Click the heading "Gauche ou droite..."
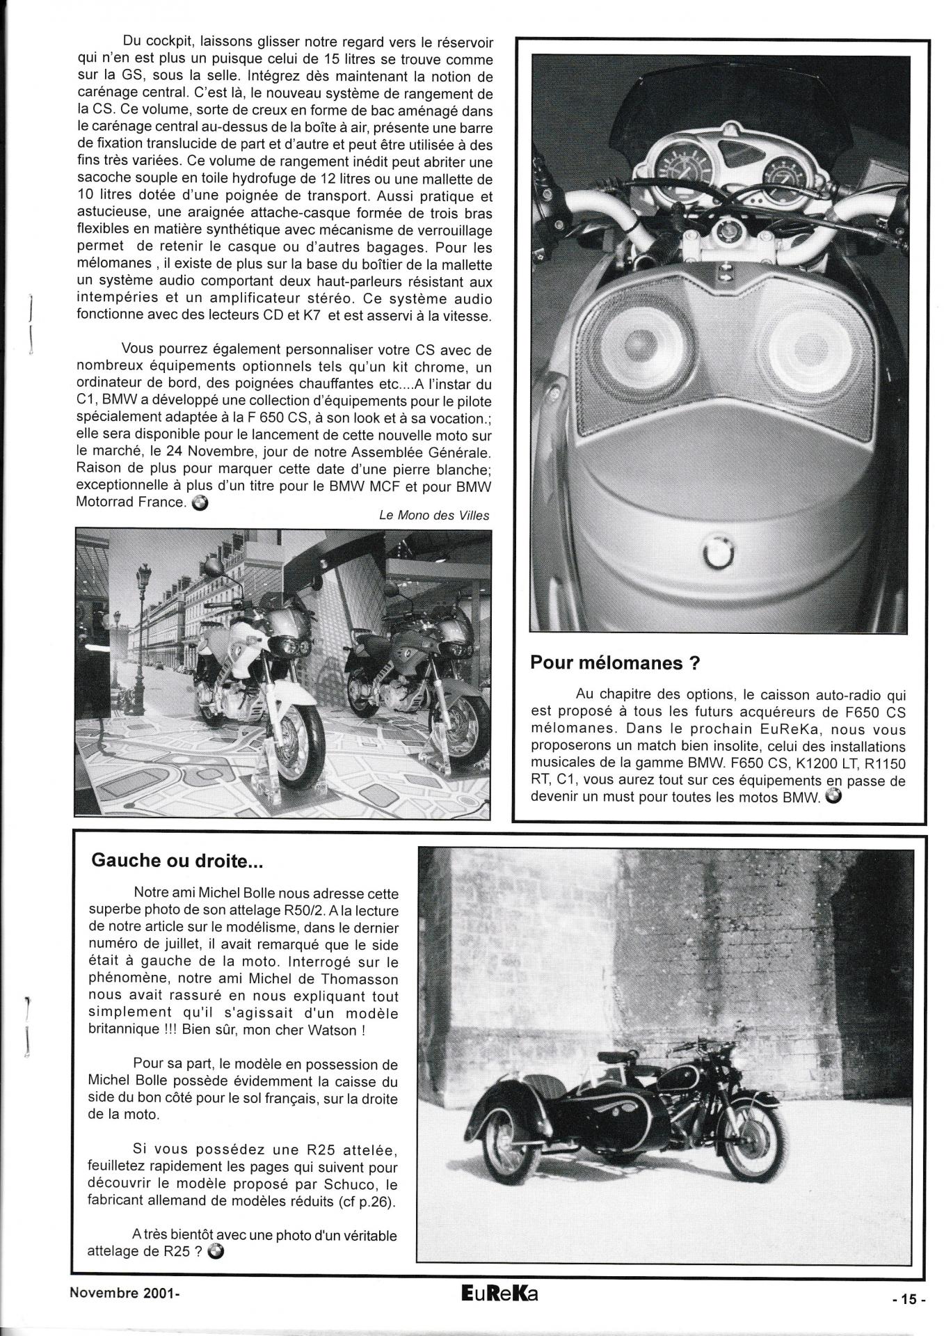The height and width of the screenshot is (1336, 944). click(x=177, y=861)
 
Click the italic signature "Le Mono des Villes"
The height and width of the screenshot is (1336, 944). click(x=434, y=516)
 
